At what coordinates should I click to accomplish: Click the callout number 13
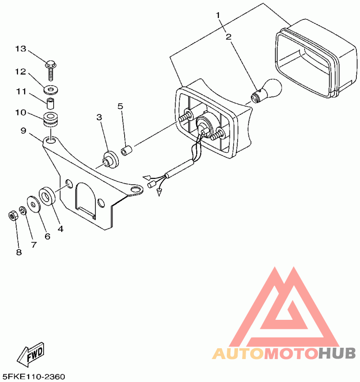click(21, 49)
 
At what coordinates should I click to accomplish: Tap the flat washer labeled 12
click(51, 86)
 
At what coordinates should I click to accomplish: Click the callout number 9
click(23, 131)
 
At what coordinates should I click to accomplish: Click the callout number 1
click(218, 15)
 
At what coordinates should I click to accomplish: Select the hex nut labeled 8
click(13, 215)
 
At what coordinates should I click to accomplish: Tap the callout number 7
click(33, 245)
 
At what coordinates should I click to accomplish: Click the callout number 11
click(21, 91)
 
